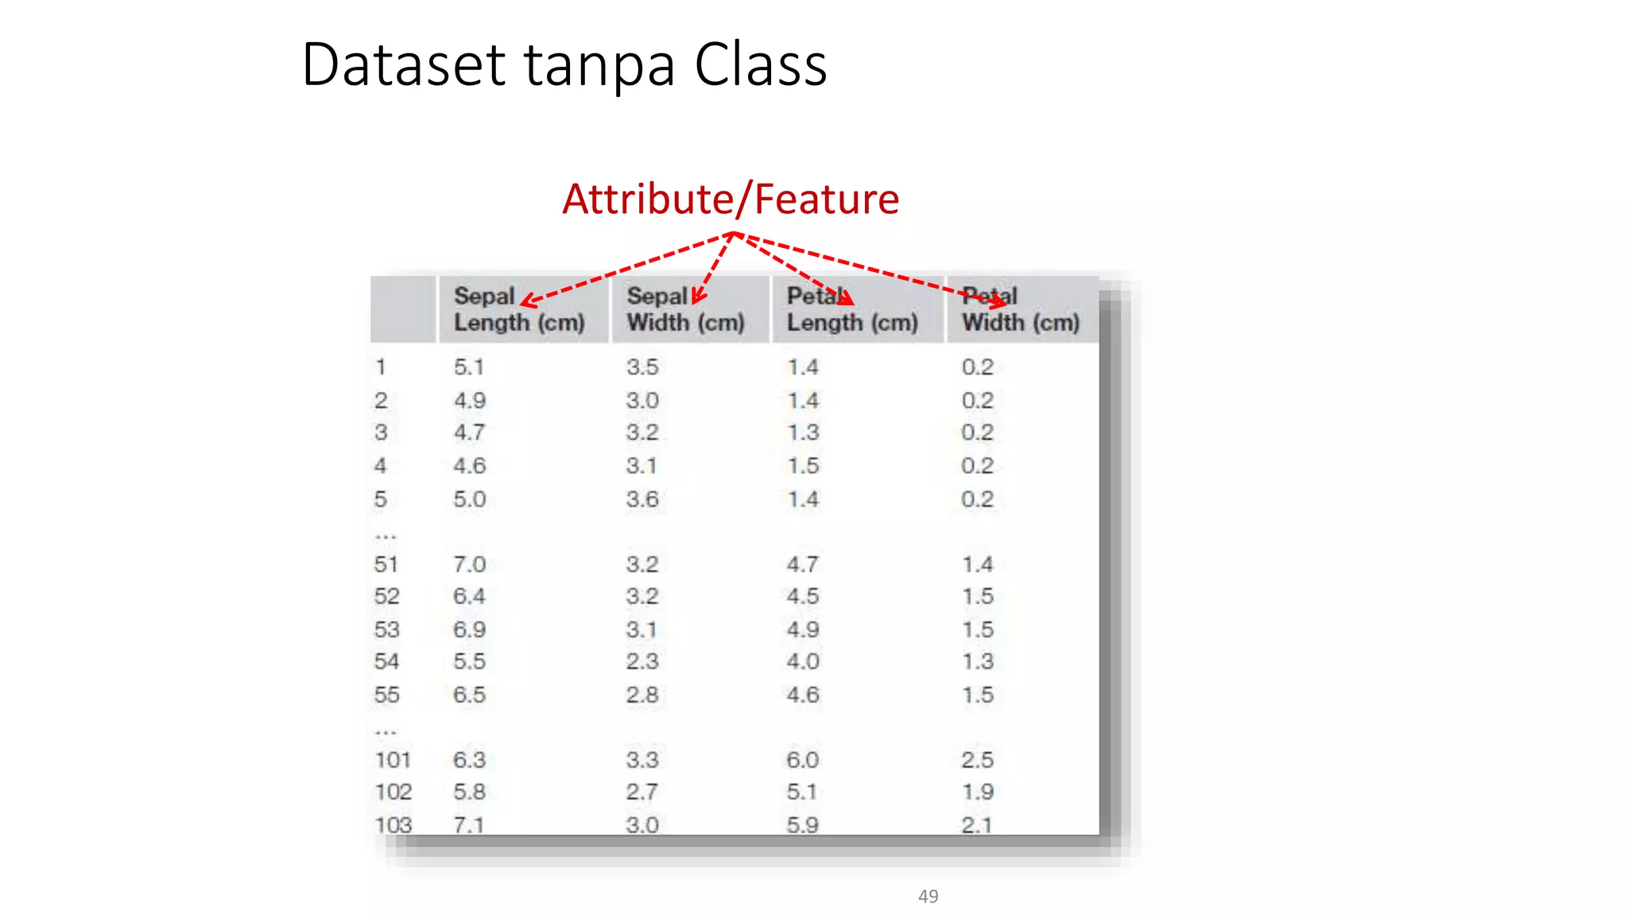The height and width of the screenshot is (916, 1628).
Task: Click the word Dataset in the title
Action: click(404, 64)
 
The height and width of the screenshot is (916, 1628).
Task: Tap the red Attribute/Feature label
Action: click(731, 199)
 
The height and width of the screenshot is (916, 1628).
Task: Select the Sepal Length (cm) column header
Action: click(518, 309)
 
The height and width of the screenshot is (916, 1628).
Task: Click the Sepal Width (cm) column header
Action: click(685, 309)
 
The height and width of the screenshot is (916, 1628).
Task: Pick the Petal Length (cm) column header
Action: click(852, 309)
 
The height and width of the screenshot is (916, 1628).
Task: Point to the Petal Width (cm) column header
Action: click(1021, 309)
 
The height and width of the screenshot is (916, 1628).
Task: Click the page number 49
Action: click(928, 896)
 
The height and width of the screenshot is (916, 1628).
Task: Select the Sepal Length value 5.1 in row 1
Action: click(469, 367)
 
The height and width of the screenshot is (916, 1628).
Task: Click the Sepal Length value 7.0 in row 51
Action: click(469, 565)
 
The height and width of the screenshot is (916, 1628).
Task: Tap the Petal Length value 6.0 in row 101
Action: click(802, 760)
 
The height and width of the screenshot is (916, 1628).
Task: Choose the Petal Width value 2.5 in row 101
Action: click(977, 760)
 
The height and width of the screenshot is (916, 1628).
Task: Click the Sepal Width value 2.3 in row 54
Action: click(642, 662)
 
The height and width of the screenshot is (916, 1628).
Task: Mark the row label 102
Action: click(393, 792)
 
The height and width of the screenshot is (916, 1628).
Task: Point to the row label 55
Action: click(386, 695)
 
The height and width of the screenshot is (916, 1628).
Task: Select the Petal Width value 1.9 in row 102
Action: click(977, 792)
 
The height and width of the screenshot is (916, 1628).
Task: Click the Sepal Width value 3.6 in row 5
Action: click(642, 499)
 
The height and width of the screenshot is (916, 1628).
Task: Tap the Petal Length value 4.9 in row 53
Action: click(802, 630)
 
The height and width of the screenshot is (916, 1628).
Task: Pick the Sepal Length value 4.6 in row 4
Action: click(469, 466)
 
